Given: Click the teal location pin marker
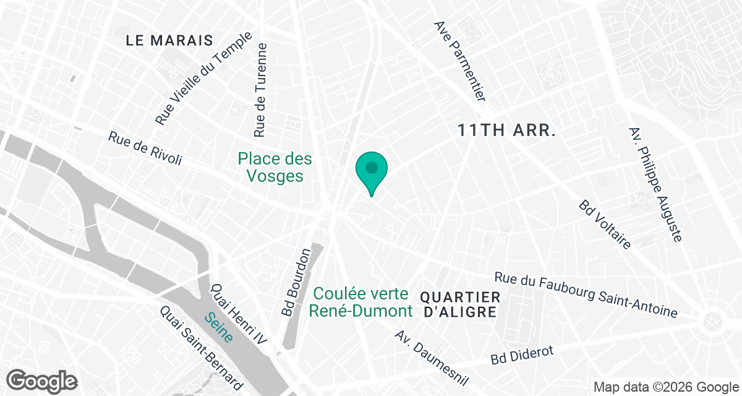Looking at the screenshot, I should tap(371, 170).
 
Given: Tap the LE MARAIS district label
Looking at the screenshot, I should tap(169, 41).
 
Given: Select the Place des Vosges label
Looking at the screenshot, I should tap(275, 168).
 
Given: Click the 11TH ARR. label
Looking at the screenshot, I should tap(508, 131).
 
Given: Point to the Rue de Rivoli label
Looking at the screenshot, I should tap(145, 148).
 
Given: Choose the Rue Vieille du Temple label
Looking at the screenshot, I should tap(205, 79).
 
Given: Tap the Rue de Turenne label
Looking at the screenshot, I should tap(261, 90).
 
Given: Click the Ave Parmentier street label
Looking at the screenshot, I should tap(462, 61).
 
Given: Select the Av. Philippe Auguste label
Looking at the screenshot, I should tap(655, 184).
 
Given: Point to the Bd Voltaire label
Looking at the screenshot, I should tap(605, 225).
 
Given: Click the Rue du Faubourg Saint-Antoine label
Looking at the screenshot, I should tap(595, 295).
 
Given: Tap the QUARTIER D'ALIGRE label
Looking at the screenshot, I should tap(459, 304).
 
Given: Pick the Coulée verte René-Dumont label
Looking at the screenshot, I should tap(360, 302).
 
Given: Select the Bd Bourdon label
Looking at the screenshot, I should tap(296, 283).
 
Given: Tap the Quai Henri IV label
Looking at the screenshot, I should tap(238, 314).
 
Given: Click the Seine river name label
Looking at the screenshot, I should tap(219, 327).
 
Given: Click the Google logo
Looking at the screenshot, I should tap(43, 380).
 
